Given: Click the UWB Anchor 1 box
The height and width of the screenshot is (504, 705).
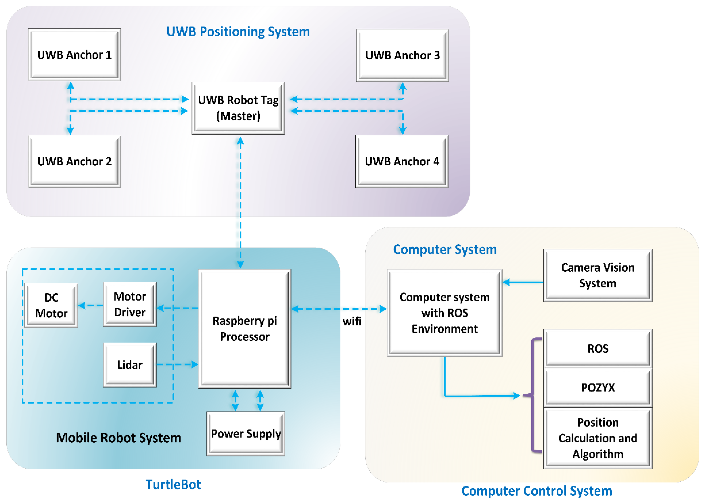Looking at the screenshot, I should [x=74, y=55].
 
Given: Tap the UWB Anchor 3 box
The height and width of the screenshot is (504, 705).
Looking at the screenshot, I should [x=402, y=55].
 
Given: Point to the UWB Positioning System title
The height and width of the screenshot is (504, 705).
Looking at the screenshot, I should [x=238, y=32].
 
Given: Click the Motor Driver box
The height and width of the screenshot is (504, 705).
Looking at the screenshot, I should [x=130, y=304].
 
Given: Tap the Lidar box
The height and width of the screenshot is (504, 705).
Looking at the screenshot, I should [x=130, y=365].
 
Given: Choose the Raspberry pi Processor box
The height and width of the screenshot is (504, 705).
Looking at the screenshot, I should [x=244, y=328].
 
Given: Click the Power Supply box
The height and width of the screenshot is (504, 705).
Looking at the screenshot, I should [x=246, y=433].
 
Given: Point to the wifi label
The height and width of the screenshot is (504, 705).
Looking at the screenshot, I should [x=352, y=321].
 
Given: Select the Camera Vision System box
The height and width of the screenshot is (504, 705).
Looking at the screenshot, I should [x=598, y=275].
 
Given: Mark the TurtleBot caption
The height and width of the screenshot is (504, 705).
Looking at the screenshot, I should [x=173, y=484].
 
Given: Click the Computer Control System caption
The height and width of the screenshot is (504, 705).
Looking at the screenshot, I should [x=536, y=491].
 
